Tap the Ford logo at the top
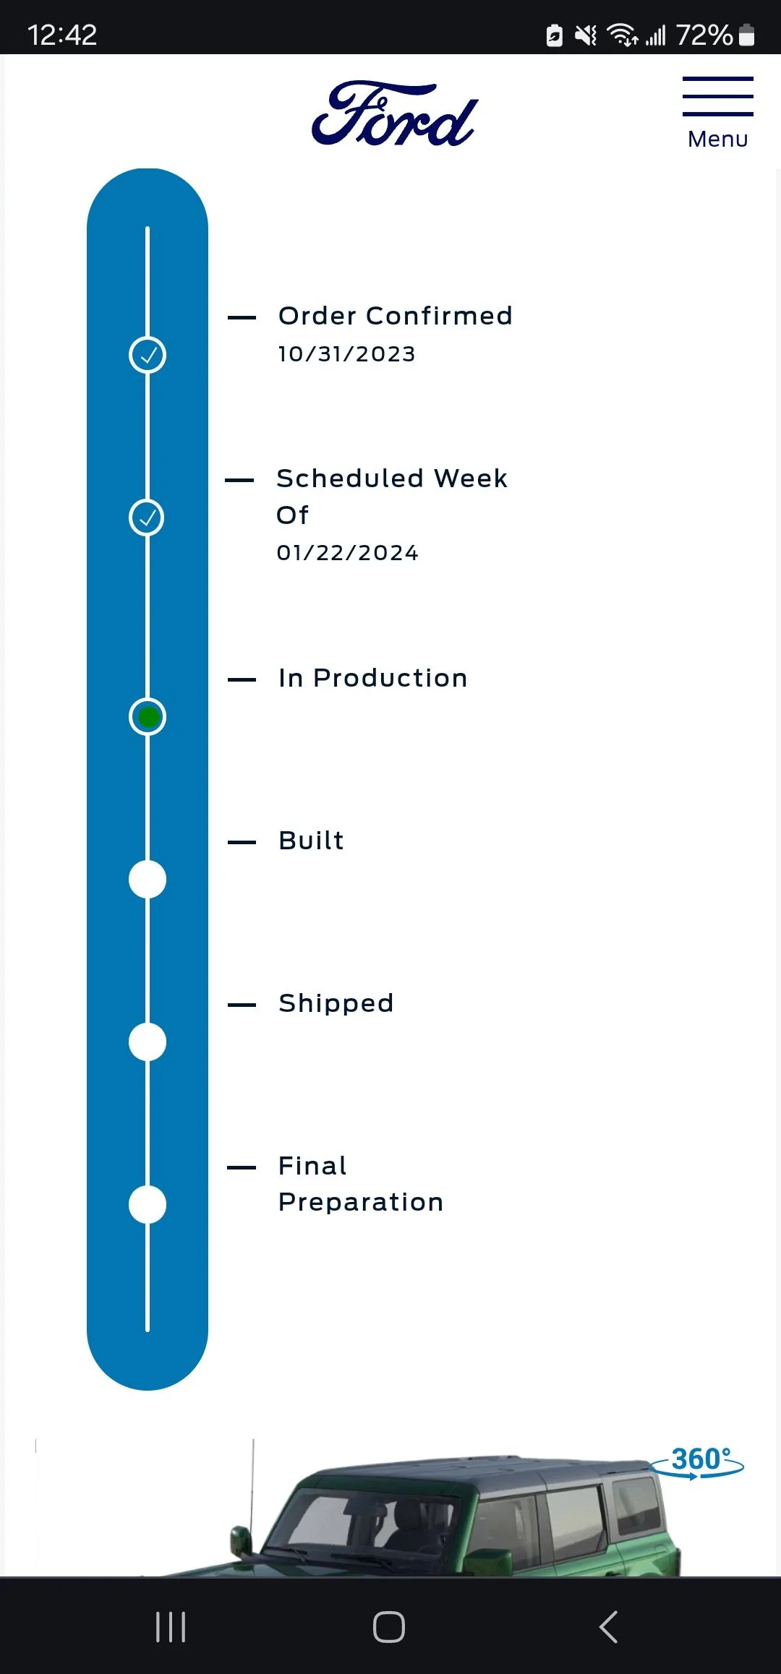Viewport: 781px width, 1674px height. tap(395, 113)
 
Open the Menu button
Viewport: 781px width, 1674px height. tap(718, 113)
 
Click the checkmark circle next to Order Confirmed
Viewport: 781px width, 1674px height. tap(148, 355)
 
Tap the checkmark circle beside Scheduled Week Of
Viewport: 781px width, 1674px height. tap(147, 518)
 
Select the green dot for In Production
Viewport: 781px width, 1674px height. tap(148, 717)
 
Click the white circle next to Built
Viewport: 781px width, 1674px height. tap(148, 880)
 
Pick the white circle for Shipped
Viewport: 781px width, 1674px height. tap(148, 1042)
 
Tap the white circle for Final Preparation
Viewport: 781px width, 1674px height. tap(148, 1205)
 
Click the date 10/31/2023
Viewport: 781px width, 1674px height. tap(347, 354)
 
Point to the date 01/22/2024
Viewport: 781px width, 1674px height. tap(348, 553)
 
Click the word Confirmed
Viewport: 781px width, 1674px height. tap(439, 316)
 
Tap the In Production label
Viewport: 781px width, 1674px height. tap(373, 678)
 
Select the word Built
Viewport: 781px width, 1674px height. tap(312, 841)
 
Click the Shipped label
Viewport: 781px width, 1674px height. tap(336, 1004)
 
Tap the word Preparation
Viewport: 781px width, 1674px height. tap(361, 1203)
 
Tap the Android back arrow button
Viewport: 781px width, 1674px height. tap(609, 1627)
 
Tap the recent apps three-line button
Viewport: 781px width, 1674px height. tap(171, 1627)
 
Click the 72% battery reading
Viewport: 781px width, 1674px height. tap(704, 35)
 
